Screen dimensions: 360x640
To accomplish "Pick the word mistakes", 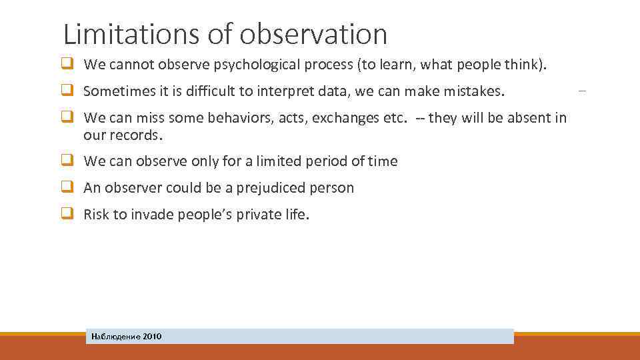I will [477, 91].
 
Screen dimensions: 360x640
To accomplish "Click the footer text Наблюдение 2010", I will [127, 337].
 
